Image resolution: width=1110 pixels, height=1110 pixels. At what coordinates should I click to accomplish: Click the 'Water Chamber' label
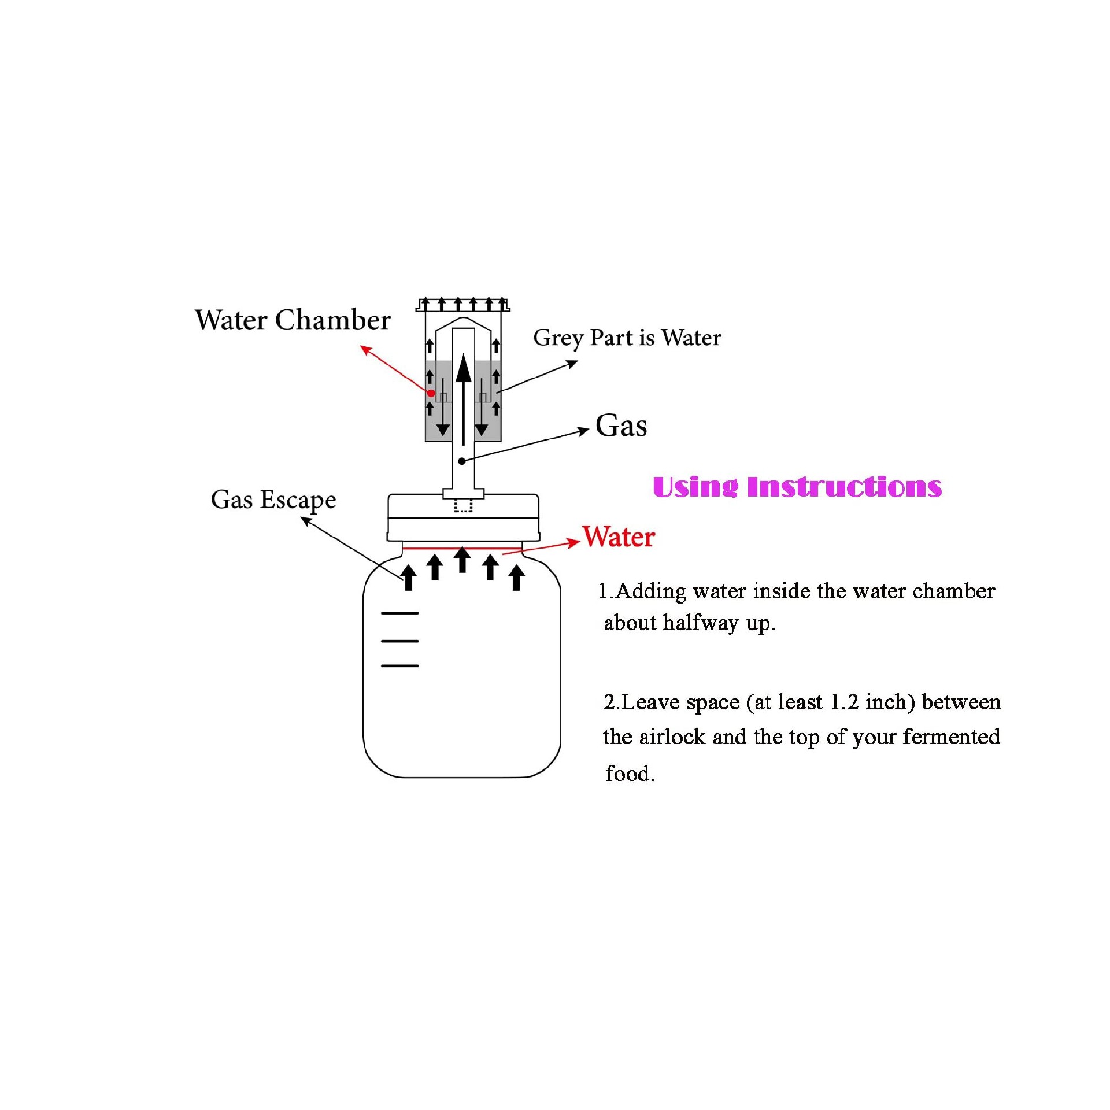click(293, 320)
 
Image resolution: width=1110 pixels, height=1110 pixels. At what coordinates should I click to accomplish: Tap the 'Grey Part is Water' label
click(627, 338)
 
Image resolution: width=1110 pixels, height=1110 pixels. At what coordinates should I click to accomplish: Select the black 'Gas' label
click(621, 425)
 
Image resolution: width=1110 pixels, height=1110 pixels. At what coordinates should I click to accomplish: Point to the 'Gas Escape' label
click(273, 500)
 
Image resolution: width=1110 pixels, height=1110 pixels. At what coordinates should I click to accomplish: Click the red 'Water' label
click(619, 536)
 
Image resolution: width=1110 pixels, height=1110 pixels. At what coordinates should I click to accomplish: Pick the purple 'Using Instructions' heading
click(797, 487)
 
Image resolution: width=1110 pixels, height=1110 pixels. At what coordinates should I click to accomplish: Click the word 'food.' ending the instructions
click(630, 774)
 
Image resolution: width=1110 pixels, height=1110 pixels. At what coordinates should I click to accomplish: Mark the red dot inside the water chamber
click(431, 393)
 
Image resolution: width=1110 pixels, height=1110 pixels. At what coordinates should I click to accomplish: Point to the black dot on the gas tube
click(462, 461)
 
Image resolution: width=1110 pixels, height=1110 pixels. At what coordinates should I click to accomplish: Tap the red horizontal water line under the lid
click(462, 547)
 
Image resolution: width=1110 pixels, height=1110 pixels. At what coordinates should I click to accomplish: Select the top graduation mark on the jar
click(399, 613)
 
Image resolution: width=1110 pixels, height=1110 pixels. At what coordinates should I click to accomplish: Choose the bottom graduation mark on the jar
click(399, 666)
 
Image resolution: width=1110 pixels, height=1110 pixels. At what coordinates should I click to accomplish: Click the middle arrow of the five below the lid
click(462, 560)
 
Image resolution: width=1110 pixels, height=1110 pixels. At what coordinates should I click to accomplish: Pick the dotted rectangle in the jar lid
click(463, 505)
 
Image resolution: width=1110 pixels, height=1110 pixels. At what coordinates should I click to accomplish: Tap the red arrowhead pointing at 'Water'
click(573, 542)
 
